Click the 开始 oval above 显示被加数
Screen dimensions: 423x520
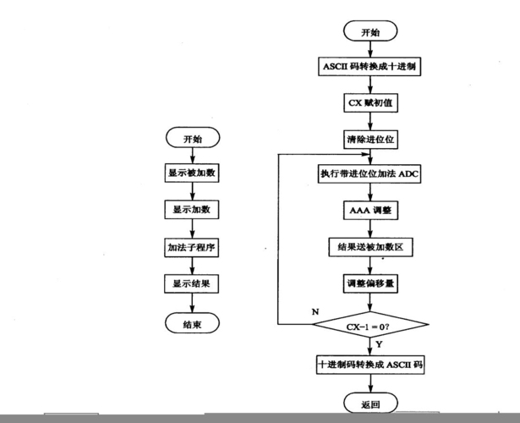tap(192, 138)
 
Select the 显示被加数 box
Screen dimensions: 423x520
tap(192, 173)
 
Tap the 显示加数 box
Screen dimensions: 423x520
tap(192, 209)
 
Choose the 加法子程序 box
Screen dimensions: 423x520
tap(192, 248)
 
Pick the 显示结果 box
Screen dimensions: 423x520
tap(192, 283)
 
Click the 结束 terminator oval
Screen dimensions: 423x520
tap(192, 322)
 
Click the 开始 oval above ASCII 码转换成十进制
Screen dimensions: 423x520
tap(370, 32)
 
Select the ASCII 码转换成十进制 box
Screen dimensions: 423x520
tap(370, 67)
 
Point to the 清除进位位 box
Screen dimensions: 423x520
tap(370, 138)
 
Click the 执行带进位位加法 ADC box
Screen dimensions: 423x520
tap(370, 173)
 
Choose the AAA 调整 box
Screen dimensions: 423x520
tap(370, 209)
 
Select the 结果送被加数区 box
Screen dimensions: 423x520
tap(370, 246)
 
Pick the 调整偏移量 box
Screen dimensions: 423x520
tap(370, 283)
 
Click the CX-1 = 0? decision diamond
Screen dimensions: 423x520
tap(370, 325)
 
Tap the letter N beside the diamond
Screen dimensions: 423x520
tap(315, 312)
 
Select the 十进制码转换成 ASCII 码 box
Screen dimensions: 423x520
tap(370, 365)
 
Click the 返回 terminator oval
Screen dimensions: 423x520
tap(370, 404)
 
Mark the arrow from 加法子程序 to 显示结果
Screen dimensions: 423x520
tap(192, 266)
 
